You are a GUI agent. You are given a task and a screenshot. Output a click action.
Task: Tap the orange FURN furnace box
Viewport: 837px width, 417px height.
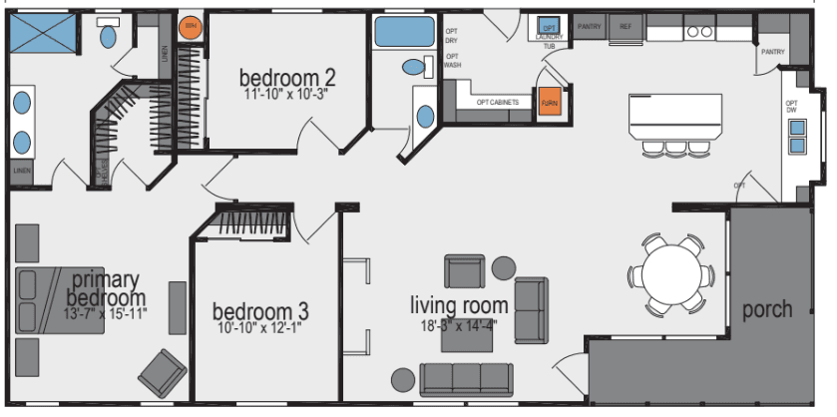click(549, 103)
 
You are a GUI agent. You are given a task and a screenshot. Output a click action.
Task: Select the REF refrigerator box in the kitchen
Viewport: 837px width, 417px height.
click(626, 27)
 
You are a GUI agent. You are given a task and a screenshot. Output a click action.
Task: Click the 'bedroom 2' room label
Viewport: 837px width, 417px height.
click(287, 77)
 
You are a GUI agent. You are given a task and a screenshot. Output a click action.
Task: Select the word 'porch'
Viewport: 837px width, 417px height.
click(767, 309)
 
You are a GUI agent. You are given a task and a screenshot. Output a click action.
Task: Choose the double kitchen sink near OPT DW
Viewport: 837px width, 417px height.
click(798, 137)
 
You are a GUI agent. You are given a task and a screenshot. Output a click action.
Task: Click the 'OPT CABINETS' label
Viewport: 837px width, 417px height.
click(497, 102)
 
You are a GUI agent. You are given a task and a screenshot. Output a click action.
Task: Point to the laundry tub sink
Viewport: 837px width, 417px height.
click(548, 26)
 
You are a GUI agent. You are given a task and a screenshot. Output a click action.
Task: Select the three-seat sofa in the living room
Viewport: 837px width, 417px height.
click(466, 378)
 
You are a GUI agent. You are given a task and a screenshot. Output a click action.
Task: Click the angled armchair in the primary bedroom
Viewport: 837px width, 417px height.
click(161, 374)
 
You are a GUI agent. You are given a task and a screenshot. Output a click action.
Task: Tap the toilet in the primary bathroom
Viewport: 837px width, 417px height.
click(108, 37)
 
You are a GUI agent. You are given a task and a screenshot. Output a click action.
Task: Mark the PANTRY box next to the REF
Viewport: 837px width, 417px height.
click(589, 27)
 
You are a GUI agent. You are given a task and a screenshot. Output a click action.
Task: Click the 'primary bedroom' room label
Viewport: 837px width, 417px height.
click(106, 288)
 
